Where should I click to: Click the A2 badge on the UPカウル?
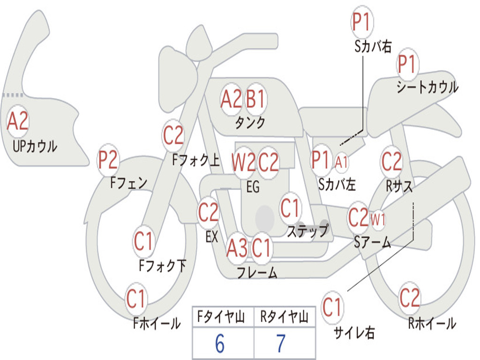18,121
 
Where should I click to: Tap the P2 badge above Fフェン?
108,160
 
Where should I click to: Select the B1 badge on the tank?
255,99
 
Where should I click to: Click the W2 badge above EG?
244,162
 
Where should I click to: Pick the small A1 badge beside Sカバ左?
341,162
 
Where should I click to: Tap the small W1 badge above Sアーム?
378,219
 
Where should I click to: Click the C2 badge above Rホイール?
410,298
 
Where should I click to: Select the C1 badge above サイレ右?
332,307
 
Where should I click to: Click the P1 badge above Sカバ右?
362,22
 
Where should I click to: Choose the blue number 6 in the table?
220,344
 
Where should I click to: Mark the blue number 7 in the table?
281,344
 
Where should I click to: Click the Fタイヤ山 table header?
221,317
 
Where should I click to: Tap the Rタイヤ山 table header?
285,317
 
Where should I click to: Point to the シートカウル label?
427,87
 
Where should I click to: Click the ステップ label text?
307,231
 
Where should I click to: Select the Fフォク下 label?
163,266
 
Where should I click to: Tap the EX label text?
212,237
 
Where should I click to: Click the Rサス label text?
399,186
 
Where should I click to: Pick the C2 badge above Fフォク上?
173,135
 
